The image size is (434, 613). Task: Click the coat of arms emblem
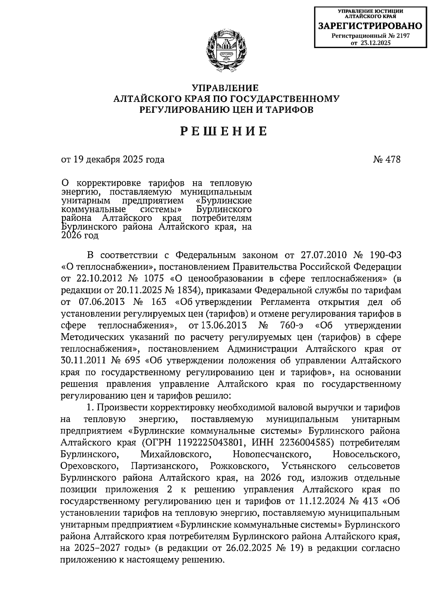point(225,52)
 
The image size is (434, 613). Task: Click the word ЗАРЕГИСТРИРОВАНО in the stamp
point(370,26)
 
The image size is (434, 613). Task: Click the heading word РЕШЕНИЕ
point(224,131)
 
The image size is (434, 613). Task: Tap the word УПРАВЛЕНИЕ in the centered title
point(225,88)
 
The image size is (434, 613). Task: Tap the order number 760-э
point(292,325)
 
